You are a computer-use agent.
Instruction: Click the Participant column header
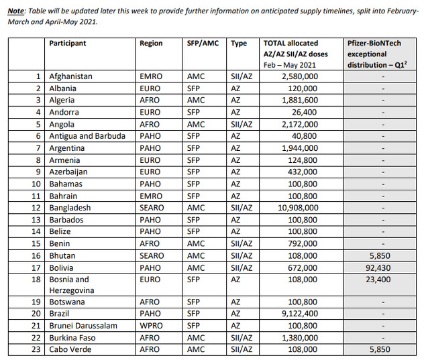click(x=68, y=44)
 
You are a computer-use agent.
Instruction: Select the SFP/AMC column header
click(x=202, y=44)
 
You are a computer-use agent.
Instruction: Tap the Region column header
click(x=151, y=44)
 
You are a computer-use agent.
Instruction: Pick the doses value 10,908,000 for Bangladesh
click(x=296, y=208)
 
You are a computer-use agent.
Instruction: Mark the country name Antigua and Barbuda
click(x=87, y=136)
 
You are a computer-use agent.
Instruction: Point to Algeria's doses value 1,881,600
click(x=298, y=101)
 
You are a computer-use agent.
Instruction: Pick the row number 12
click(x=37, y=208)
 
